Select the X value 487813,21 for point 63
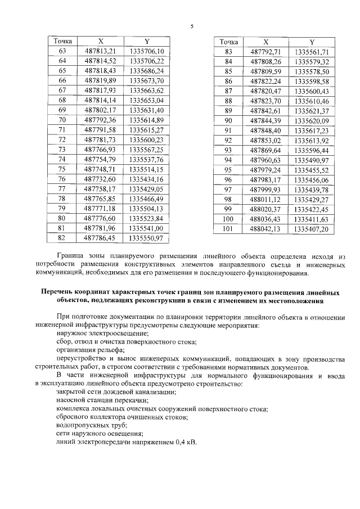pos(100,51)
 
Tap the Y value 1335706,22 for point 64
pos(146,61)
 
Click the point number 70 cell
pos(62,120)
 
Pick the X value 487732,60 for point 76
pos(100,178)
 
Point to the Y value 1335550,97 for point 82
pos(146,238)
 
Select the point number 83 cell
pos(228,51)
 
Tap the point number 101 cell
pos(228,229)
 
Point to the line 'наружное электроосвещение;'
pos(104,334)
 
